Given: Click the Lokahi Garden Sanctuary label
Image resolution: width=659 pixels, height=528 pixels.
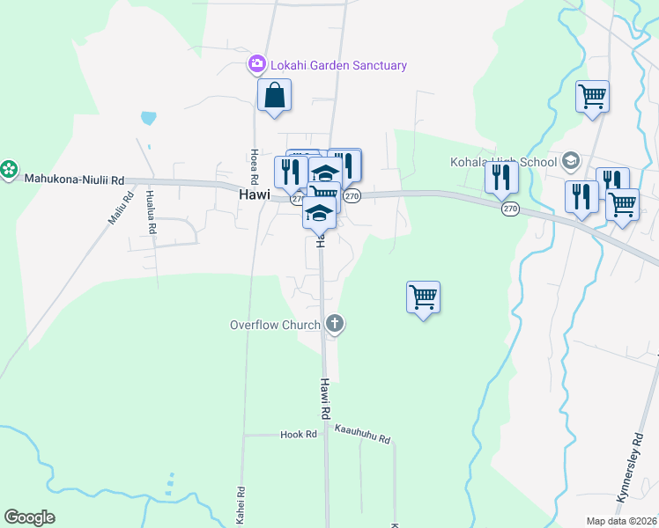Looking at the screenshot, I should [x=337, y=65].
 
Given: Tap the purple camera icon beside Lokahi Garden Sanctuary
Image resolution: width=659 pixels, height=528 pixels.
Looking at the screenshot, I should [x=257, y=63].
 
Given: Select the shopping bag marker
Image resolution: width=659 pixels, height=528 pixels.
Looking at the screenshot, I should [x=274, y=95].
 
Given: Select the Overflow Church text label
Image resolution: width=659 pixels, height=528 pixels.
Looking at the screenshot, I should [x=275, y=325].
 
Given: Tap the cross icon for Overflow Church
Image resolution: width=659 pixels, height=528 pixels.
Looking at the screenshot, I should [x=334, y=325].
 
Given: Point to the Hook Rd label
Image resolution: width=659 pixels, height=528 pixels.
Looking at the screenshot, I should [x=298, y=435].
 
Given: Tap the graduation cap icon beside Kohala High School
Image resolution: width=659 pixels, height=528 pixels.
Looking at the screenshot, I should [x=570, y=160].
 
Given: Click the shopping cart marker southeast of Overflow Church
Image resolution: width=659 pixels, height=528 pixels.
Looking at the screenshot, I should [x=424, y=297].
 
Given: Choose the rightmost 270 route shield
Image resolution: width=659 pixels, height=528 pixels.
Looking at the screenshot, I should [x=510, y=209].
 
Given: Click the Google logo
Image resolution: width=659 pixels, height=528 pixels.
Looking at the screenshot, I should [x=29, y=517].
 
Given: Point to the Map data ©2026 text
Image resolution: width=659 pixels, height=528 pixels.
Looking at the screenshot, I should [x=622, y=521].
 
